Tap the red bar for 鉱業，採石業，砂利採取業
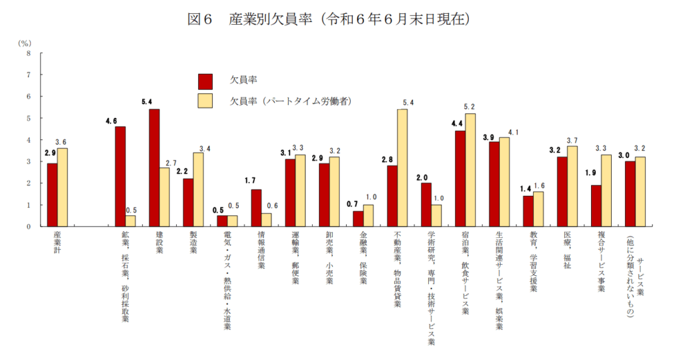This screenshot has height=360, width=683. [x=120, y=177]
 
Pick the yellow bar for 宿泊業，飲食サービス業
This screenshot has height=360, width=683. [x=470, y=170]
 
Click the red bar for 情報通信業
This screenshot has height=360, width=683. [x=256, y=208]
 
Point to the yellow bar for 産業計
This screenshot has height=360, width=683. [x=62, y=187]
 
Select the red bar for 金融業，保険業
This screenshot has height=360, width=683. [x=358, y=219]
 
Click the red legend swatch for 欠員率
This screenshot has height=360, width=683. [x=205, y=81]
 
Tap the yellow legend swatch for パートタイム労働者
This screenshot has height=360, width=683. [x=205, y=101]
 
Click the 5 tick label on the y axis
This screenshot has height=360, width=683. [x=27, y=118]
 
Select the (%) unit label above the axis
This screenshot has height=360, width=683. [x=25, y=42]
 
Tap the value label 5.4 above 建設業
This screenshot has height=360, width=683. [x=148, y=102]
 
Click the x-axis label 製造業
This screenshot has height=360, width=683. [x=194, y=244]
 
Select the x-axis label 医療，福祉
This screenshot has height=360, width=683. [x=568, y=245]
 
